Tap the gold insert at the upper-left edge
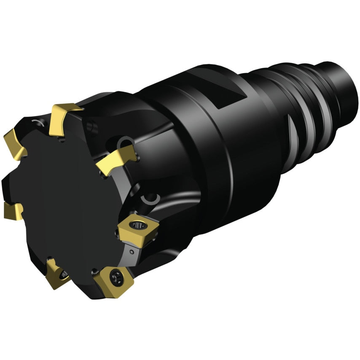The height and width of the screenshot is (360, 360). (x=14, y=139)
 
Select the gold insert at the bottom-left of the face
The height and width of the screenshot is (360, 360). (x=57, y=273)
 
